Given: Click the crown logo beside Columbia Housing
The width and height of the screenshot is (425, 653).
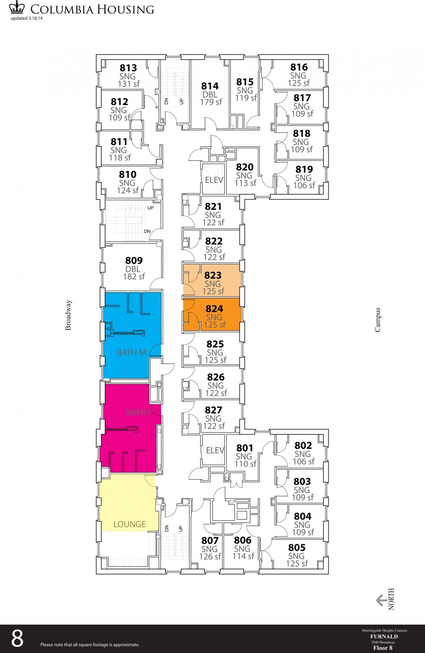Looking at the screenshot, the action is [x=17, y=7].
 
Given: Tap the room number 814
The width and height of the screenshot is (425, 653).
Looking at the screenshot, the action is [x=210, y=86].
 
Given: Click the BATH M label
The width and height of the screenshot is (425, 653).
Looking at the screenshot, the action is [x=131, y=353].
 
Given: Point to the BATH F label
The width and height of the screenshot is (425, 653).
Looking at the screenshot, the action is [x=139, y=412].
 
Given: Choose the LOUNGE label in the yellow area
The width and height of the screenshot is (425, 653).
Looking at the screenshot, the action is [x=130, y=524].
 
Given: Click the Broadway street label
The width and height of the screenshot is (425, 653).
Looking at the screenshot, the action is [x=68, y=315].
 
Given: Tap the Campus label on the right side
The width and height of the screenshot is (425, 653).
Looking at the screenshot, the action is [x=378, y=320].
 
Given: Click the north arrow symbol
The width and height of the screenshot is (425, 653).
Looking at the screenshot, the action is [x=381, y=600].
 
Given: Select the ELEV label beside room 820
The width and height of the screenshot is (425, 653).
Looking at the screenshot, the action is [x=214, y=180].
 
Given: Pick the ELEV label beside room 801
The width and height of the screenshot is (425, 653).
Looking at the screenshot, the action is [x=215, y=451].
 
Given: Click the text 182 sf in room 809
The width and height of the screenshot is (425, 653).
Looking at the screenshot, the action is [x=134, y=276].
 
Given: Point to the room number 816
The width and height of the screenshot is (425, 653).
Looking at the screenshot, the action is [x=299, y=67].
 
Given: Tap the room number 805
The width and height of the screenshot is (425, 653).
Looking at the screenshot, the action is [x=297, y=547].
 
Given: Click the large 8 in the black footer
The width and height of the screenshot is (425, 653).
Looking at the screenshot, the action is [x=17, y=638].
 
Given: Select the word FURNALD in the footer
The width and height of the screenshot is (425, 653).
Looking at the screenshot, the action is [x=384, y=636].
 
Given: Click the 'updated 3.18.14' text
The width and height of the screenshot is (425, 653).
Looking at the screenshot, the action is [x=27, y=18].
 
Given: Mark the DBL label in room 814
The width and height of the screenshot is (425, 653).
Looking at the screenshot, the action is [x=210, y=94].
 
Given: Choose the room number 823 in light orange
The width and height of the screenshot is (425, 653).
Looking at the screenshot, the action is [x=212, y=275].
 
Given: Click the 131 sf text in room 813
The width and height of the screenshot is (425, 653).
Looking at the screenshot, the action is [x=128, y=84].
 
